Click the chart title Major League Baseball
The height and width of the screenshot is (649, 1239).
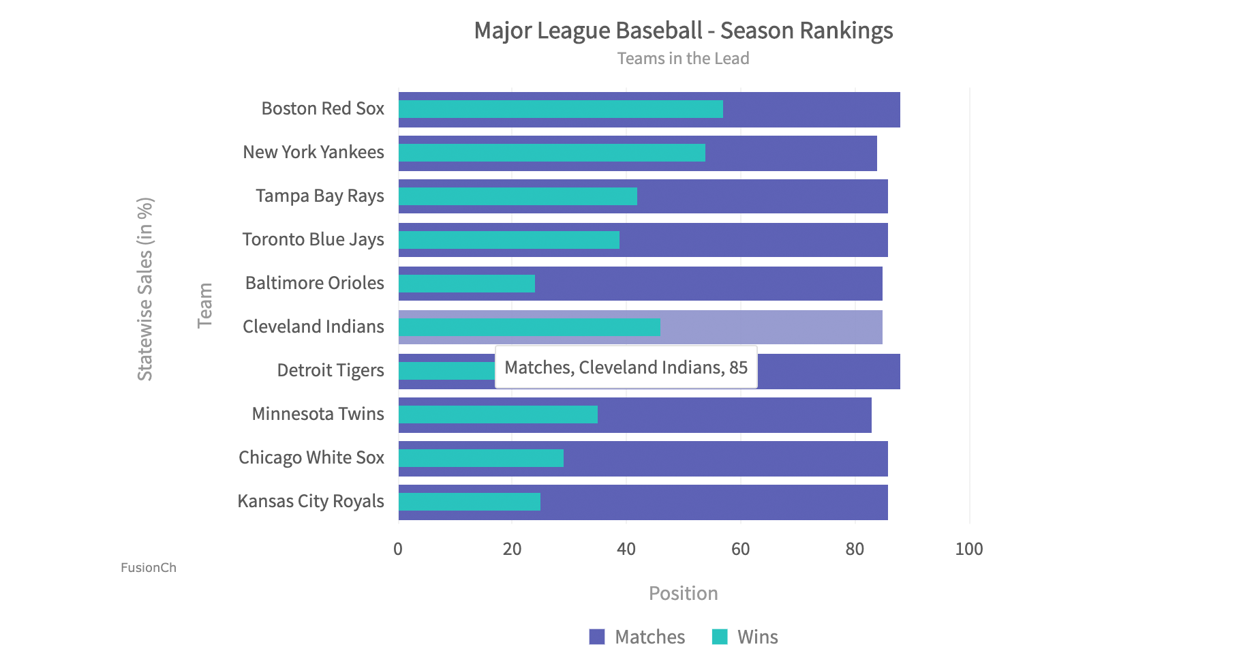point(683,31)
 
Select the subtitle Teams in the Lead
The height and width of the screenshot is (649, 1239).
point(683,59)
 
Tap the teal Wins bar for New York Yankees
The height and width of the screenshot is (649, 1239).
point(551,153)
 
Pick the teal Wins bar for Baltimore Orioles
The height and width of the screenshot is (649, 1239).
point(466,284)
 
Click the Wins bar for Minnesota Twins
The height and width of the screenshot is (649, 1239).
point(498,414)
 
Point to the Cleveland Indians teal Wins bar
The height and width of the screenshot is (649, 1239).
point(529,327)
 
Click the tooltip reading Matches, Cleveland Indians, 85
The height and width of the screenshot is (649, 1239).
point(626,368)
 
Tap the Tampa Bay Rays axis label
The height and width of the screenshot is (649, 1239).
point(320,196)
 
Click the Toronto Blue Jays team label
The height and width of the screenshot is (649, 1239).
point(313,240)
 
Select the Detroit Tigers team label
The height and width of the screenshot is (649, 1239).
point(330,371)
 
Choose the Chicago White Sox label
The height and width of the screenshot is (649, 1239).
point(311,458)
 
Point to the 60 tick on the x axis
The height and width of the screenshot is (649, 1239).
point(740,549)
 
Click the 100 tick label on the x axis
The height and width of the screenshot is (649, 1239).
point(968,549)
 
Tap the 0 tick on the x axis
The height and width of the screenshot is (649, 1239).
point(398,549)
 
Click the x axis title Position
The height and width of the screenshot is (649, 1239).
point(683,593)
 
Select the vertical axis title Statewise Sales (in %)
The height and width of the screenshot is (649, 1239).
point(145,289)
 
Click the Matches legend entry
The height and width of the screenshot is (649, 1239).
point(637,637)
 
